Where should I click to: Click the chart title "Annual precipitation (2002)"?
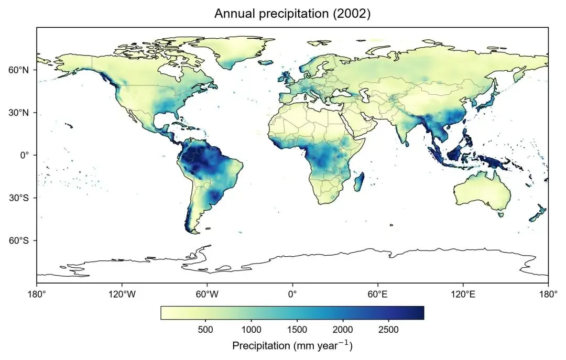[x=292, y=14]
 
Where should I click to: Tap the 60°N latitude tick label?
[x=18, y=70]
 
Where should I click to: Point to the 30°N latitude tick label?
[x=18, y=113]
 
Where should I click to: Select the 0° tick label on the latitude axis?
[x=24, y=155]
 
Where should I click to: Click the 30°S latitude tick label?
[x=18, y=198]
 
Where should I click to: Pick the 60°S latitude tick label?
[x=18, y=241]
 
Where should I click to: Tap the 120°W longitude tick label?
[x=122, y=294]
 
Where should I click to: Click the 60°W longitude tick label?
[x=207, y=294]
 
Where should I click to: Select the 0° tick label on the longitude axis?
[x=292, y=294]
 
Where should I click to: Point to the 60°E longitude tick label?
[x=377, y=294]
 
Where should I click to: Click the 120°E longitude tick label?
[x=463, y=294]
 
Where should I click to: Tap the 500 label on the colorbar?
[x=205, y=330]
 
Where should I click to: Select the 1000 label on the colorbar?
[x=251, y=330]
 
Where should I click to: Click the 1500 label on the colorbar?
[x=297, y=330]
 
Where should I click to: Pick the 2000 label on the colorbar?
[x=343, y=330]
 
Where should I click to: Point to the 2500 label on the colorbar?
[x=389, y=330]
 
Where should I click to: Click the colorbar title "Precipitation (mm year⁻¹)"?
[x=292, y=345]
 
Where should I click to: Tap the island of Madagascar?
[x=360, y=182]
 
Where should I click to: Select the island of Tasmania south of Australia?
[x=500, y=214]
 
